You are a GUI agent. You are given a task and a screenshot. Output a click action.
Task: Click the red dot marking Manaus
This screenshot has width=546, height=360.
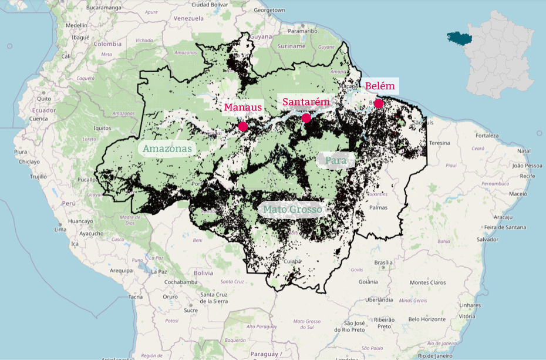point(242,126)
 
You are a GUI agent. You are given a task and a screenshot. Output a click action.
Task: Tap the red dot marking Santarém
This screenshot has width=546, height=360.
point(306,118)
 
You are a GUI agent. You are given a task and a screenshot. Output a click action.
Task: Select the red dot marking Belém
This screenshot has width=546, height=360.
point(379,104)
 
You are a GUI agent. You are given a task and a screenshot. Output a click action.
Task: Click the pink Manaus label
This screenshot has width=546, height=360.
point(242,107)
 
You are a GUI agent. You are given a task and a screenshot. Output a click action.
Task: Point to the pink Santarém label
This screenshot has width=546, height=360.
point(306,102)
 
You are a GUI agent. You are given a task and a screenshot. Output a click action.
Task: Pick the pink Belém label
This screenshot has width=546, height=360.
point(380,86)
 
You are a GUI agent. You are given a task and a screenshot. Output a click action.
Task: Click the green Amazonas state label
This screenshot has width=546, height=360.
point(167,149)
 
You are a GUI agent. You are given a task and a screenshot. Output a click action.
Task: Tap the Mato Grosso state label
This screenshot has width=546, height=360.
point(292,209)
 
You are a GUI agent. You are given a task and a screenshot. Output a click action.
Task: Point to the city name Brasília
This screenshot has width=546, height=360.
point(383,262)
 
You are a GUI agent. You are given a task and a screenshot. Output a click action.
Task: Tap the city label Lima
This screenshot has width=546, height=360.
point(60,230)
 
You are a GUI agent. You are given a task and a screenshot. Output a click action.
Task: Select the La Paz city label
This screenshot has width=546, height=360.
point(159,272)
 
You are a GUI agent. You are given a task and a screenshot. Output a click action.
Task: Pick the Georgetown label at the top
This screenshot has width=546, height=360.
point(270,10)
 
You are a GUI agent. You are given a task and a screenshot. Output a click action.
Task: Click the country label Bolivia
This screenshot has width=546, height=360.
point(203,273)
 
